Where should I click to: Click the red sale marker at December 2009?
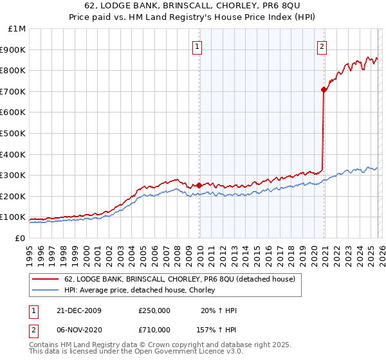click(x=199, y=185)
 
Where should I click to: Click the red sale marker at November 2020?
click(x=323, y=90)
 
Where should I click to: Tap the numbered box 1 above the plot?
click(x=197, y=46)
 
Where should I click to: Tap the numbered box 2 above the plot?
click(x=321, y=46)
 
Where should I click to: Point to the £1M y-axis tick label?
click(x=17, y=29)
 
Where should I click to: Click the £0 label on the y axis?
click(x=20, y=238)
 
